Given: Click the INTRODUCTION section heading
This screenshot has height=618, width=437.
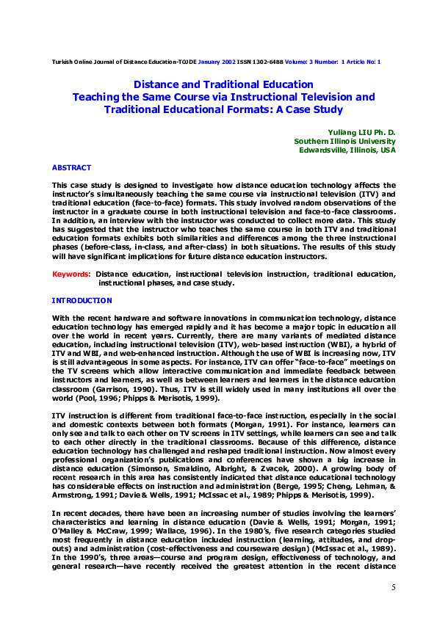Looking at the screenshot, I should pos(82,301).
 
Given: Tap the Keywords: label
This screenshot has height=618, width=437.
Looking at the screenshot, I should pos(71,275).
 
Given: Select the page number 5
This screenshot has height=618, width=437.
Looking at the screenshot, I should pos(393,587).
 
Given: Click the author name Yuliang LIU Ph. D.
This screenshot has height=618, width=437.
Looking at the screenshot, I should pos(364,131).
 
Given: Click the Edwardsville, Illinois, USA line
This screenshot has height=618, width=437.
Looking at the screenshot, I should pos(347,150).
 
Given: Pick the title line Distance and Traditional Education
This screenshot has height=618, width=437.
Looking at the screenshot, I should pos(223,84).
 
